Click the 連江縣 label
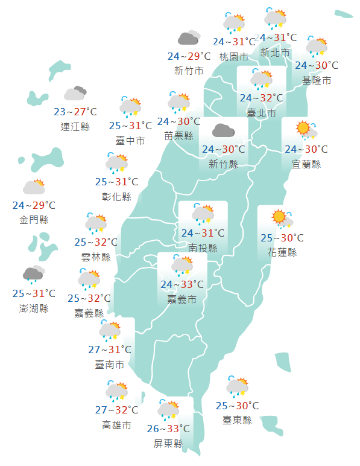point(75,127)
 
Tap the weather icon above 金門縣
point(34,187)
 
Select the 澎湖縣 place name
point(34,308)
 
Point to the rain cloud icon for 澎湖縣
point(34,274)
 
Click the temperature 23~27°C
point(75,112)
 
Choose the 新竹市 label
point(189,71)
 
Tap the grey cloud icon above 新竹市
point(189,38)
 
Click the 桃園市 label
point(234,57)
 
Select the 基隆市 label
point(317,80)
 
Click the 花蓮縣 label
point(282,252)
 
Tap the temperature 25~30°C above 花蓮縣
point(282,238)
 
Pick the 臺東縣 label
point(237,420)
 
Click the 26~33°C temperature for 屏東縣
point(168,429)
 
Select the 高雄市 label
point(116,425)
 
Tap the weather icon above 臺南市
point(110,330)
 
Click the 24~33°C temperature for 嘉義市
point(182,284)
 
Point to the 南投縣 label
point(203,247)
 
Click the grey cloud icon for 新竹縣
point(223,130)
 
